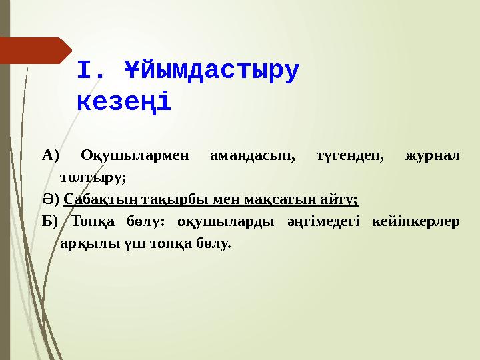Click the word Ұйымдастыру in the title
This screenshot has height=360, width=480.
point(212,69)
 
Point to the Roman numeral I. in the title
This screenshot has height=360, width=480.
point(92,69)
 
